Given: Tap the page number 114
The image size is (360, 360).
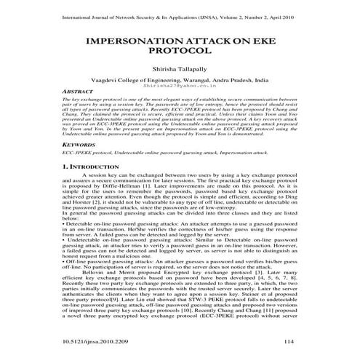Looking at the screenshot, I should coord(290,341).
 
